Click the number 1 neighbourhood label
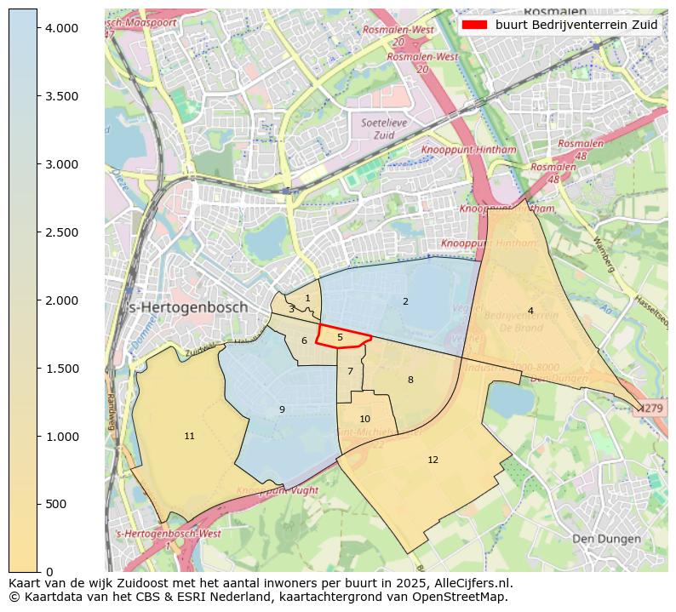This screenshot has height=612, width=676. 307,298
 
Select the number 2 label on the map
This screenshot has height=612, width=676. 405,301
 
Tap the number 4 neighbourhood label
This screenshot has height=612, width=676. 530,311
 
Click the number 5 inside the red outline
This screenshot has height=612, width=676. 340,337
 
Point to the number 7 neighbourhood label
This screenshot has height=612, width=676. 350,371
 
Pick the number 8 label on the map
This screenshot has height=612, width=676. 410,380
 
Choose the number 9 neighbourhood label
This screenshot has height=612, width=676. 282,409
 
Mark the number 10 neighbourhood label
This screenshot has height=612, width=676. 364,419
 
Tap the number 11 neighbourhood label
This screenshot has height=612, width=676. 189,436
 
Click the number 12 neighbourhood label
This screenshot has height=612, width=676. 433,460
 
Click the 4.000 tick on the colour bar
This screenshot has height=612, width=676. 60,28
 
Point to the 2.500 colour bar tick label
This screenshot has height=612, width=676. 60,232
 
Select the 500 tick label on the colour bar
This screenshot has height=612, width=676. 56,504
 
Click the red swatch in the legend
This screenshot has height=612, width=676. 474,25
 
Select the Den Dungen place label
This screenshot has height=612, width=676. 605,539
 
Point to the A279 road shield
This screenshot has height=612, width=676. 654,409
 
